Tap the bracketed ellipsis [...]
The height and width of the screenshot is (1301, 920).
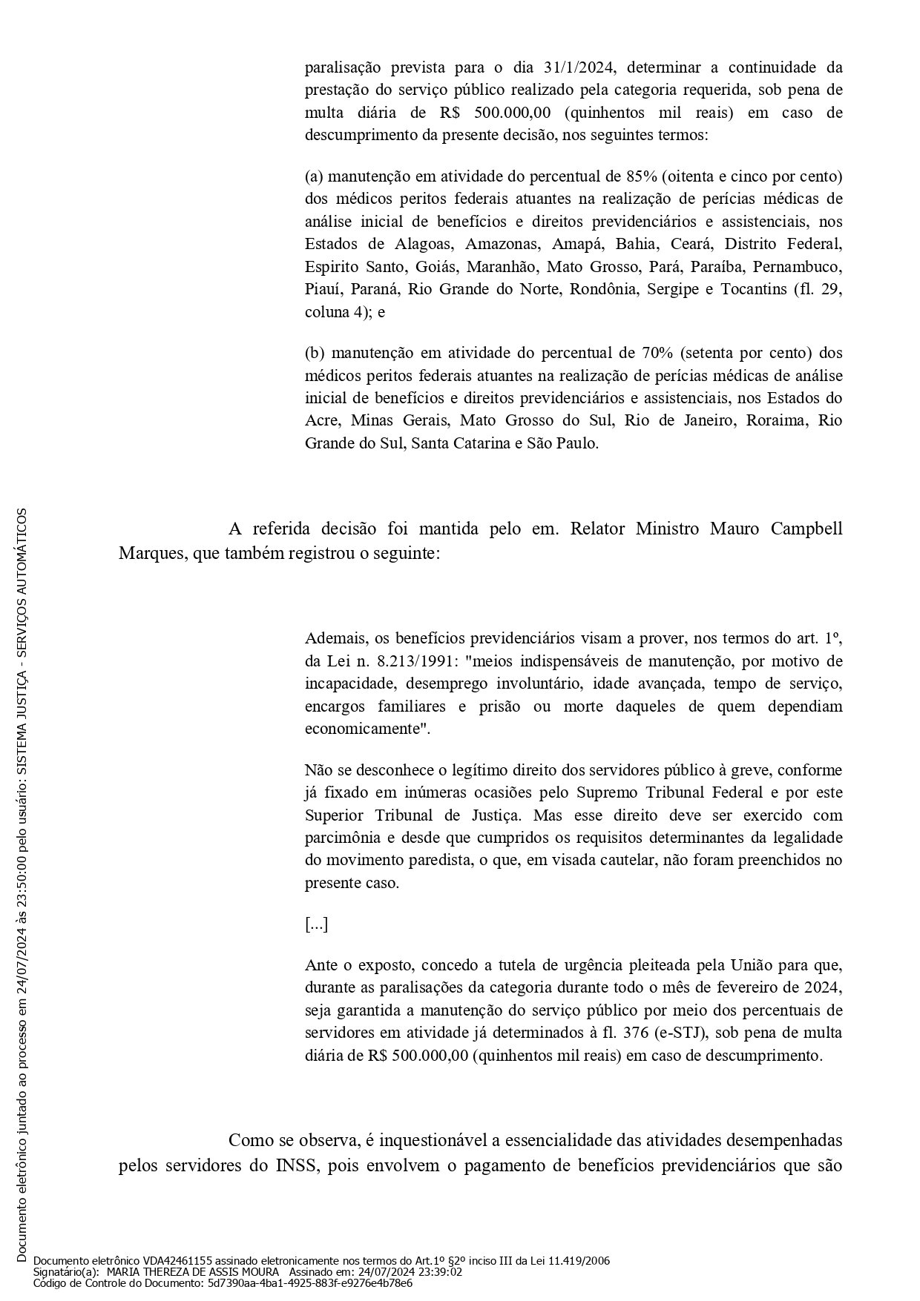[316, 924]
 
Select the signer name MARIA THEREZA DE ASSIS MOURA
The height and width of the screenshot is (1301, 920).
[193, 1271]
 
